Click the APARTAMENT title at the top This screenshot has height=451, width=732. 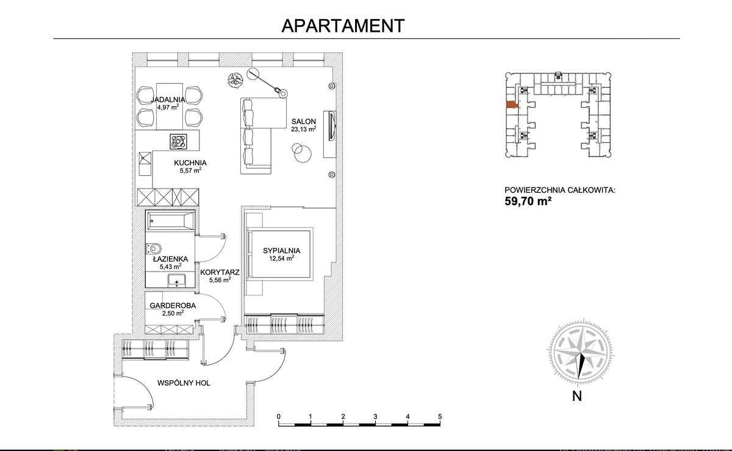pos(343,25)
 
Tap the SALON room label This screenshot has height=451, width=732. pos(303,121)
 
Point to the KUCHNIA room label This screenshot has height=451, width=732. pos(190,163)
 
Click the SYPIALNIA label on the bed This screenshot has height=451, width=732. pos(282,250)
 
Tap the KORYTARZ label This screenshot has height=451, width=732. pos(219,272)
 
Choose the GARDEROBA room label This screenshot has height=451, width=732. pos(173,306)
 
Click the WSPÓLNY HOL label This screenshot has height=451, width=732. pos(184,383)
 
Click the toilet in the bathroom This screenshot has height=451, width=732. pos(154,248)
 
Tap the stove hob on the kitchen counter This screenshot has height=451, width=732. pos(179,142)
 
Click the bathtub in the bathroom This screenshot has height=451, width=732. pos(170,221)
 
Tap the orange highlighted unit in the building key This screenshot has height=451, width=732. pos(511,104)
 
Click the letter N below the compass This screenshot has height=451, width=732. pos(576,395)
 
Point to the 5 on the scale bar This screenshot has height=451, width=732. pos(440,416)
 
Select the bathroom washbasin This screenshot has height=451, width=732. pos(177,280)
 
